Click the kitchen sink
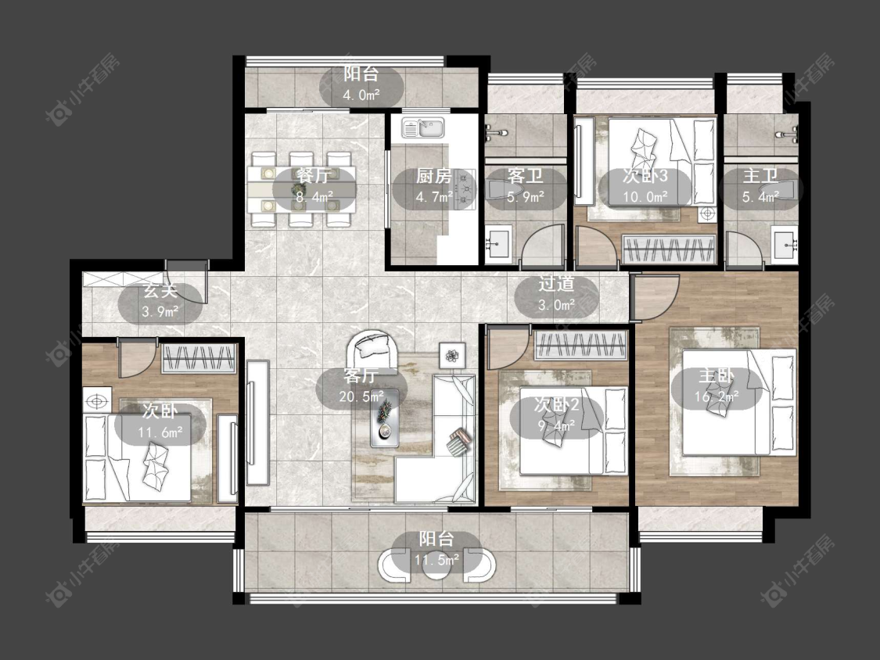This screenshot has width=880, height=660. [x=423, y=128]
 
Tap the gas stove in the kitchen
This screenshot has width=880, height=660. [x=467, y=189]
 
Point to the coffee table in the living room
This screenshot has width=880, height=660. [x=385, y=418]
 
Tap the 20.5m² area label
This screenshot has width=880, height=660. [x=361, y=396]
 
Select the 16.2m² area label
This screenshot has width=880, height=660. [x=717, y=396]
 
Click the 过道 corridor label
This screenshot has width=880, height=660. [x=556, y=284]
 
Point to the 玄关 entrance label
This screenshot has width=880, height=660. [x=160, y=291]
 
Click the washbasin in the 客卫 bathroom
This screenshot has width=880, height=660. [x=498, y=244]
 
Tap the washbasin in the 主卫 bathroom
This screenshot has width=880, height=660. [x=785, y=244]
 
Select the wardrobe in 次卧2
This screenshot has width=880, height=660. [x=581, y=344]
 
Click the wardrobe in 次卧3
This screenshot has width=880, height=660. [x=670, y=248]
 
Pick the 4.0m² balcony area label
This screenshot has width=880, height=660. [x=361, y=95]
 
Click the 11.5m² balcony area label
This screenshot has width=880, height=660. [x=437, y=560]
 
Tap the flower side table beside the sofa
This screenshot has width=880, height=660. [x=452, y=355]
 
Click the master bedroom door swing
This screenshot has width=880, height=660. [x=656, y=297]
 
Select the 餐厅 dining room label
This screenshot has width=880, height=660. [x=314, y=176]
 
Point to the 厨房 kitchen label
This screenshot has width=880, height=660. [x=434, y=176]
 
